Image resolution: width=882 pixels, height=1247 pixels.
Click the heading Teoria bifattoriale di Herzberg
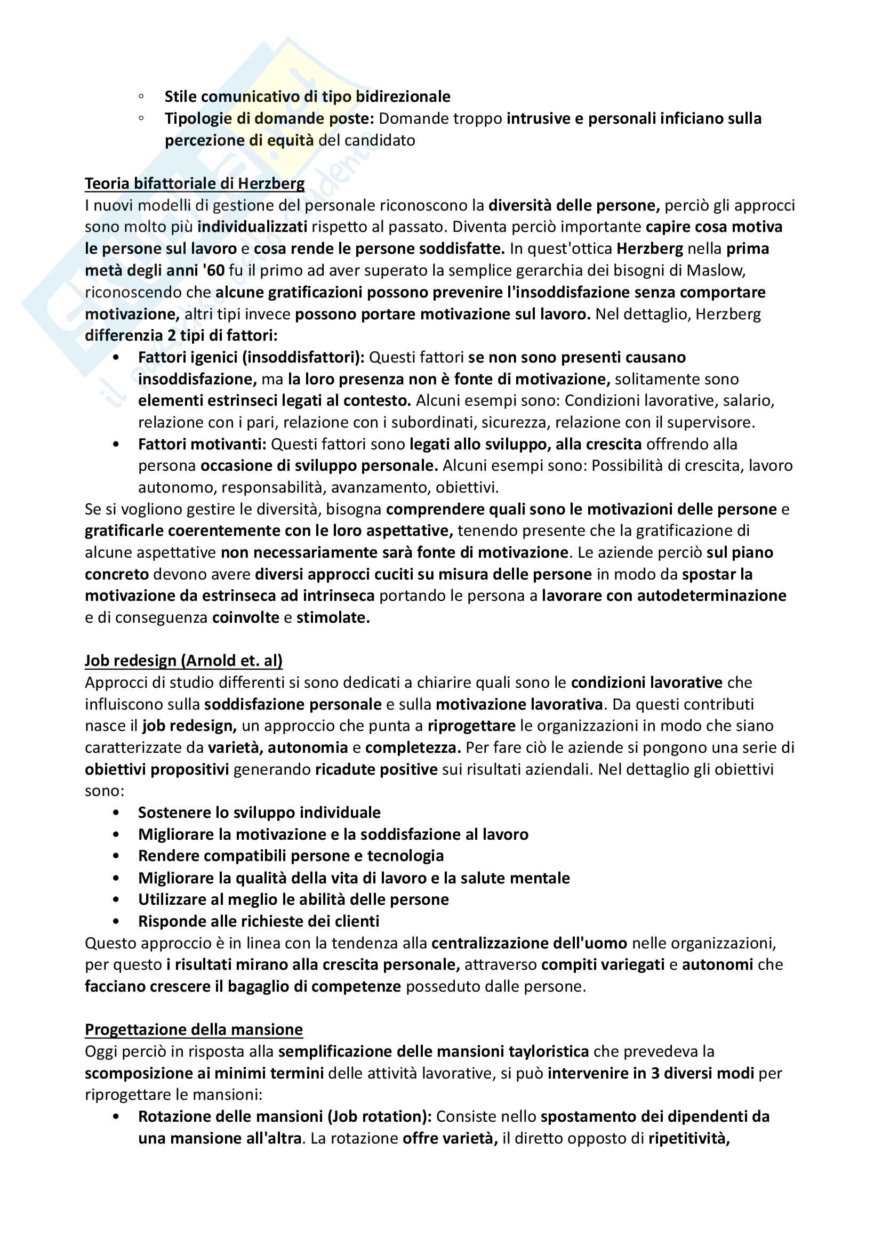pyautogui.click(x=195, y=183)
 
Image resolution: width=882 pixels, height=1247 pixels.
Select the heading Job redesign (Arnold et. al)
pyautogui.click(x=183, y=661)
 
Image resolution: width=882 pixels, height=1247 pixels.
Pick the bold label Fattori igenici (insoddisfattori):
pyautogui.click(x=252, y=357)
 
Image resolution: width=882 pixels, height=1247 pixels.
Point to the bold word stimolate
pyautogui.click(x=333, y=617)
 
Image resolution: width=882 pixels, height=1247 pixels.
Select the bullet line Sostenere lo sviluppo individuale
pyautogui.click(x=259, y=812)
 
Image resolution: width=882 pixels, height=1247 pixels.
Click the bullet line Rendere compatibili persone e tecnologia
pyautogui.click(x=291, y=856)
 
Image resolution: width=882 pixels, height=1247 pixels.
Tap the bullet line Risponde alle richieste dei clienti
pyautogui.click(x=259, y=921)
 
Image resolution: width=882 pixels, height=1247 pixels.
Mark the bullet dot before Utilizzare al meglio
pyautogui.click(x=116, y=899)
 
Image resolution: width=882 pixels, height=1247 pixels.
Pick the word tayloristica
pyautogui.click(x=549, y=1051)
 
